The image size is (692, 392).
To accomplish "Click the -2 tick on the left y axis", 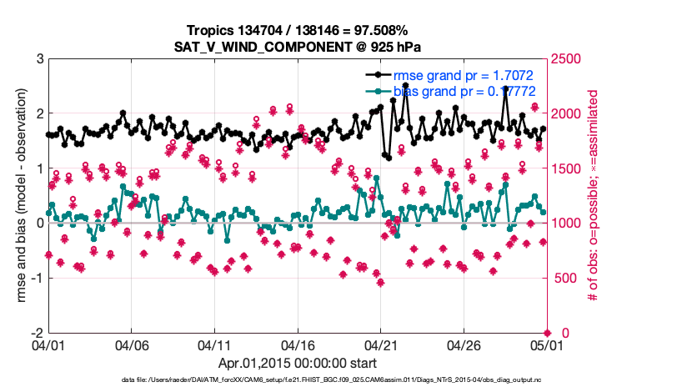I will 35,333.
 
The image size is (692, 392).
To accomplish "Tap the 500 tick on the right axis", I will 565,279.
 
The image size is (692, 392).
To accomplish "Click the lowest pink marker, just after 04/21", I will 380,283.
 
